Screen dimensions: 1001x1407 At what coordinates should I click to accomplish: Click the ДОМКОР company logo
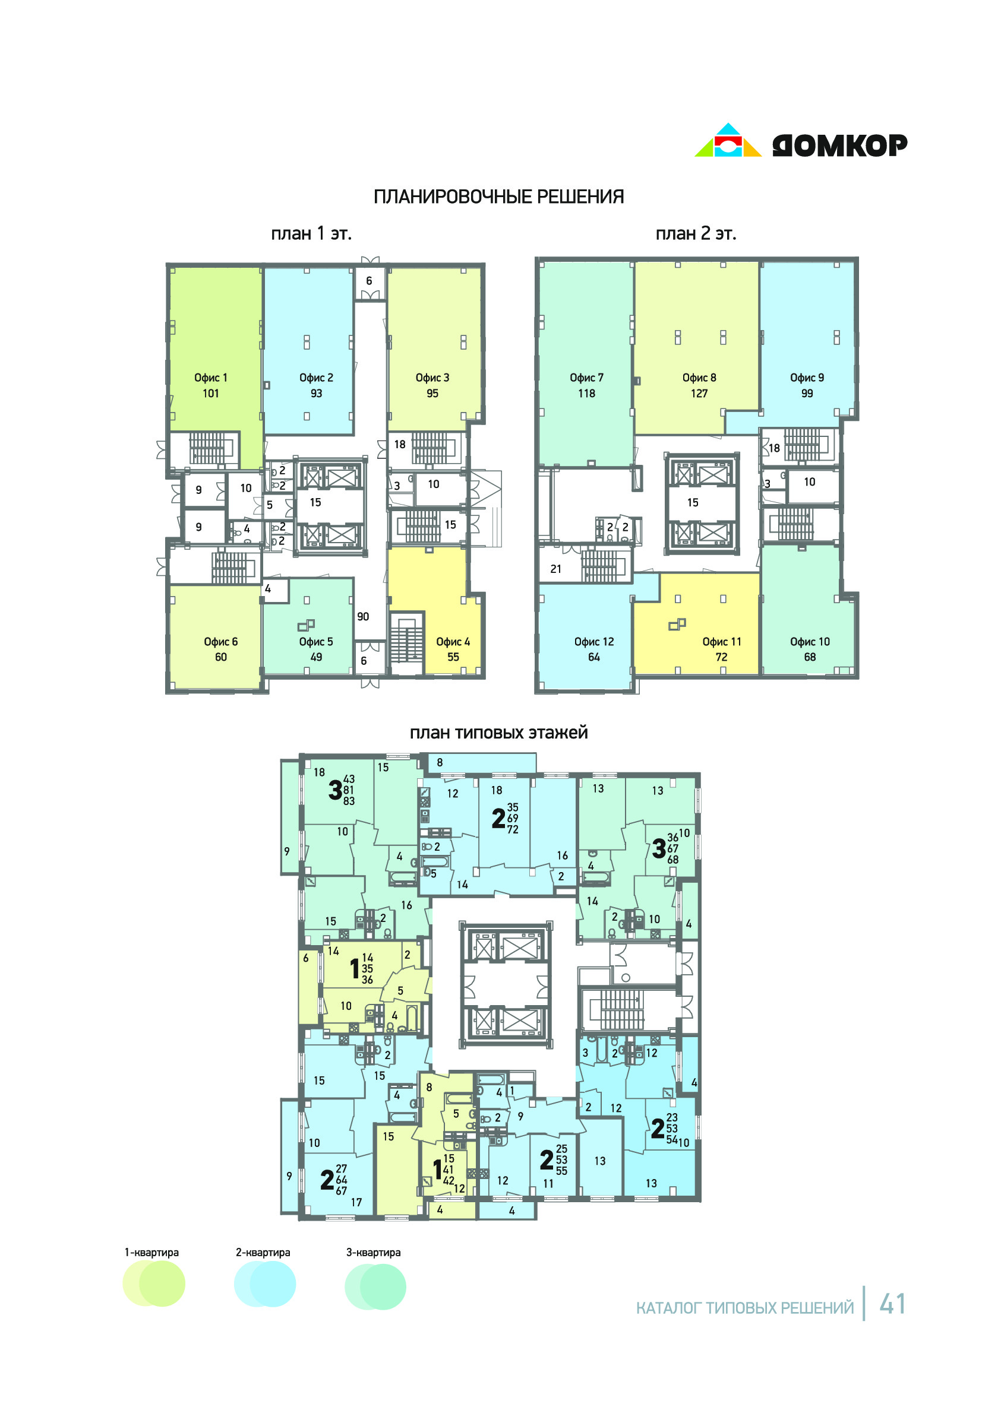click(x=801, y=141)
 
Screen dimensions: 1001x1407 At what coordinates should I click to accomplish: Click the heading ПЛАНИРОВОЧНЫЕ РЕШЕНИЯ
click(x=498, y=197)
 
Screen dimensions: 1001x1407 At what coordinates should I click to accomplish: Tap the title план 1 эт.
click(x=311, y=233)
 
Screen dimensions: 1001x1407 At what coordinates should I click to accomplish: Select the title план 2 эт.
click(x=696, y=233)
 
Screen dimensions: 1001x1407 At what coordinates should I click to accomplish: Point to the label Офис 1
click(x=211, y=378)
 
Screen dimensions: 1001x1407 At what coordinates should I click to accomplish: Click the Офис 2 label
click(x=316, y=378)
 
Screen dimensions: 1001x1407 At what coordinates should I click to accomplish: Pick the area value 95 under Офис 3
click(x=432, y=393)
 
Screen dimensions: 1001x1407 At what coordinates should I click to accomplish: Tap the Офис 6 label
click(x=220, y=641)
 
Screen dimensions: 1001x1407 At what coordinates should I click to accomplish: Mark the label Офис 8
click(x=699, y=378)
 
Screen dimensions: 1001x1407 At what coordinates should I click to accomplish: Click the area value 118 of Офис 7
click(x=587, y=393)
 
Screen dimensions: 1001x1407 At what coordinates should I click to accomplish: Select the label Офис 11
click(x=722, y=641)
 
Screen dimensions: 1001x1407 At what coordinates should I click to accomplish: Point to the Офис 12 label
click(x=594, y=641)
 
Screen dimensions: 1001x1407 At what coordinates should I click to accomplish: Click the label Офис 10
click(x=810, y=641)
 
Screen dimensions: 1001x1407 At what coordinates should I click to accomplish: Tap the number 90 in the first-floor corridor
click(x=363, y=616)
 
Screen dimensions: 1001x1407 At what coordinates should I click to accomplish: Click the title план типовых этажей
click(x=498, y=733)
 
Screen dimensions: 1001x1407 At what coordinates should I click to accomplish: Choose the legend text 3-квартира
click(x=374, y=1253)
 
